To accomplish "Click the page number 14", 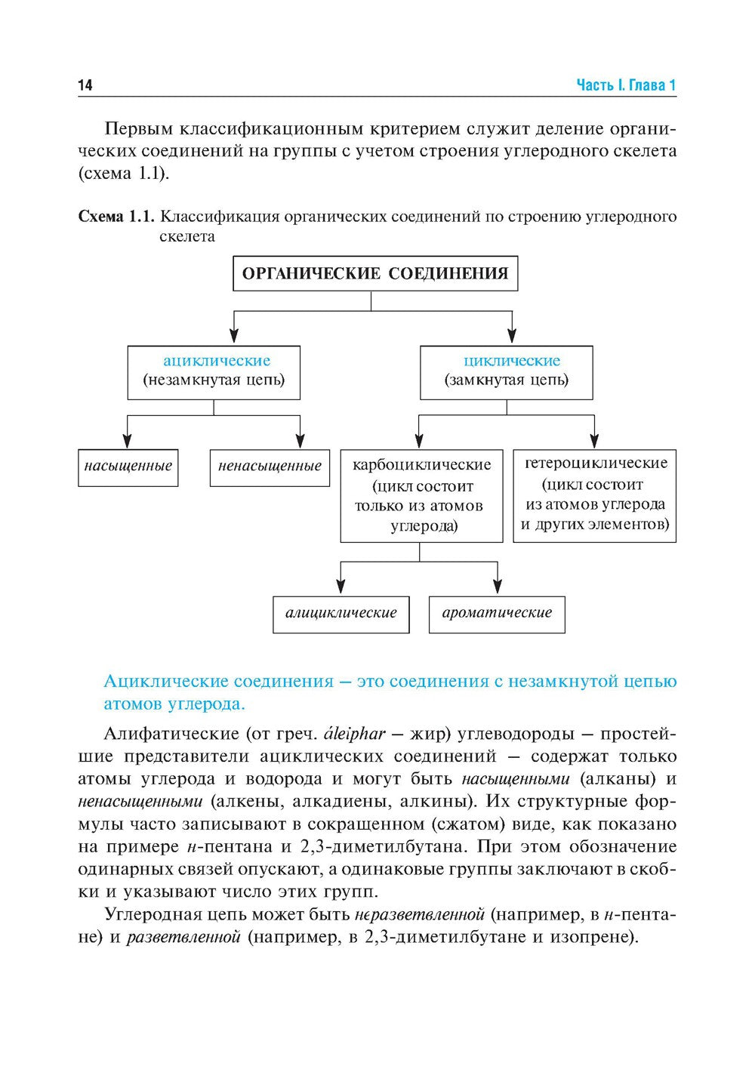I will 85,85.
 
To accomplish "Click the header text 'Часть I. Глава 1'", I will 626,85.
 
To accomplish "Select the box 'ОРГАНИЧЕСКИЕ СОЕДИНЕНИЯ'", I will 375,273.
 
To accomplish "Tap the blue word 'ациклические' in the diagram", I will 217,361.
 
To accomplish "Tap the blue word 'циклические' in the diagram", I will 512,361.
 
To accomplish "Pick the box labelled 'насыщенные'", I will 128,467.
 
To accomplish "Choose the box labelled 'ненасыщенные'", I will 270,467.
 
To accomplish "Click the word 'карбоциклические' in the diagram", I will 421,464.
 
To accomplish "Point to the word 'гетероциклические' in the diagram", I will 596,462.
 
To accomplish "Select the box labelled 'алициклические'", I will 341,613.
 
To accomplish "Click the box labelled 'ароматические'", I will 497,613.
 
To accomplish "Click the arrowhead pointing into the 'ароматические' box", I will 498,586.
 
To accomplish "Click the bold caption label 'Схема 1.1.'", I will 117,217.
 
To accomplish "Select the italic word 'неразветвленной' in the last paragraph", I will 419,915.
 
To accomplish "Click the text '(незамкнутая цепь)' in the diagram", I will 214,380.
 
